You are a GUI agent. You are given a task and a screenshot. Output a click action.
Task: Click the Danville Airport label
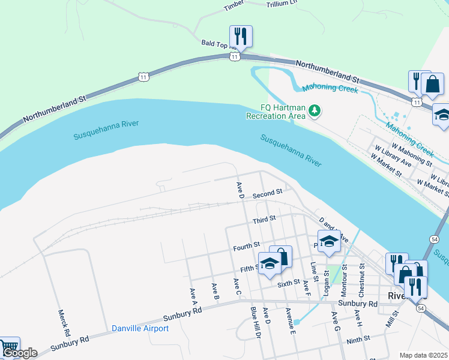(x=140, y=328)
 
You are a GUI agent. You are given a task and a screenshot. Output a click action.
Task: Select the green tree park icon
(x=314, y=111)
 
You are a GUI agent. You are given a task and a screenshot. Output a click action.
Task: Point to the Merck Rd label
(x=62, y=322)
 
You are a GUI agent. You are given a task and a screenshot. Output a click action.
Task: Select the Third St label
(x=264, y=219)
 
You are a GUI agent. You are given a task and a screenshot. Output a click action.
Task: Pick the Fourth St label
(x=246, y=245)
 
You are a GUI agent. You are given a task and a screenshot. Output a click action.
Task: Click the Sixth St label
(x=288, y=281)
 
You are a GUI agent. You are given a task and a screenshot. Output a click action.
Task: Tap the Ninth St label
(x=358, y=340)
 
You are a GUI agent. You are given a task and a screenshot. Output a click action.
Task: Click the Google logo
(x=20, y=353)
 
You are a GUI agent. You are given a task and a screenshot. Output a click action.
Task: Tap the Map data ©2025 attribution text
(x=424, y=355)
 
